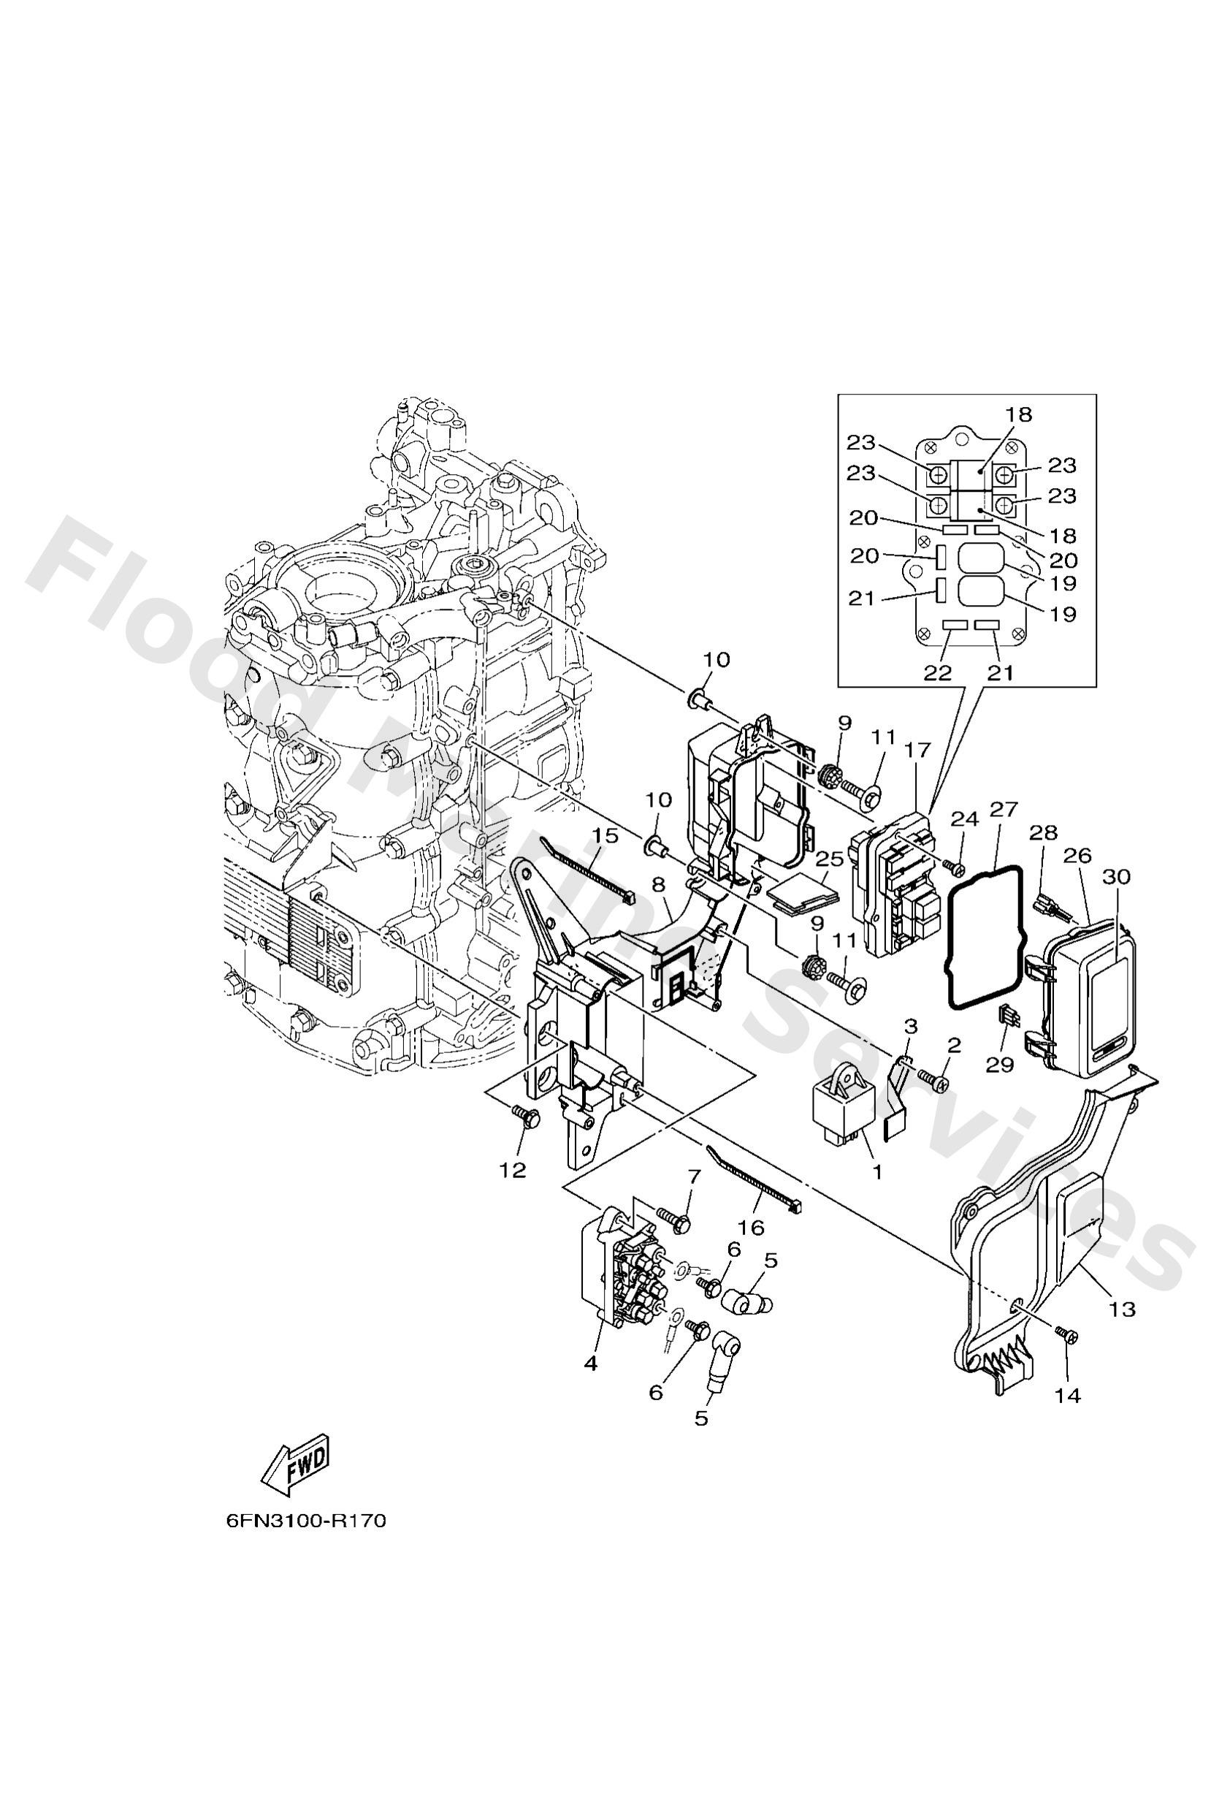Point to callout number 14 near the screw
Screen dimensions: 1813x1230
1068,1396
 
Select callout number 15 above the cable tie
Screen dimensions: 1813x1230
604,835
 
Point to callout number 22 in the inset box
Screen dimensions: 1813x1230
939,673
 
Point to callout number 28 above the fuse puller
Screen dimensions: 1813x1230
1043,833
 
